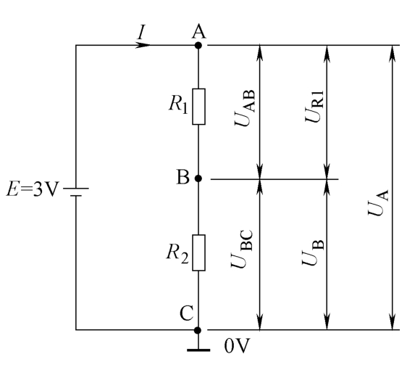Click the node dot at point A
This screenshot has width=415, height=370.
coord(198,45)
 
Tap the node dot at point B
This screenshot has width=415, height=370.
coord(198,178)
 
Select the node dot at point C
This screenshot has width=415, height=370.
coord(198,330)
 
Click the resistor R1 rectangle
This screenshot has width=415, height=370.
coord(198,107)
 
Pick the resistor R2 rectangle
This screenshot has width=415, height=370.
coord(198,252)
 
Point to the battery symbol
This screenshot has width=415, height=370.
coord(76,192)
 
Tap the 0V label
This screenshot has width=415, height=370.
coord(237,346)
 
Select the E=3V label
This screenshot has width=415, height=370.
coord(32,189)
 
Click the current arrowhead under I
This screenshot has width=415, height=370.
coord(143,45)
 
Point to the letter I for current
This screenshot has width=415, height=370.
coord(141,32)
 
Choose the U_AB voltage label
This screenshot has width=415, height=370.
coord(246,108)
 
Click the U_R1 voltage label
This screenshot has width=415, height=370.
coord(314,106)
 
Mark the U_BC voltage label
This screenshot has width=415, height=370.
coord(242,249)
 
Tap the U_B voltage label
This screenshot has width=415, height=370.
coord(313,252)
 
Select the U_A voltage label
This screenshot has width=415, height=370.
coord(379,202)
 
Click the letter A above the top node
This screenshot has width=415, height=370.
coord(198,32)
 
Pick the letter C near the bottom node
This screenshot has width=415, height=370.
coord(186,313)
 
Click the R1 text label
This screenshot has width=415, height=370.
coord(178,104)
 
